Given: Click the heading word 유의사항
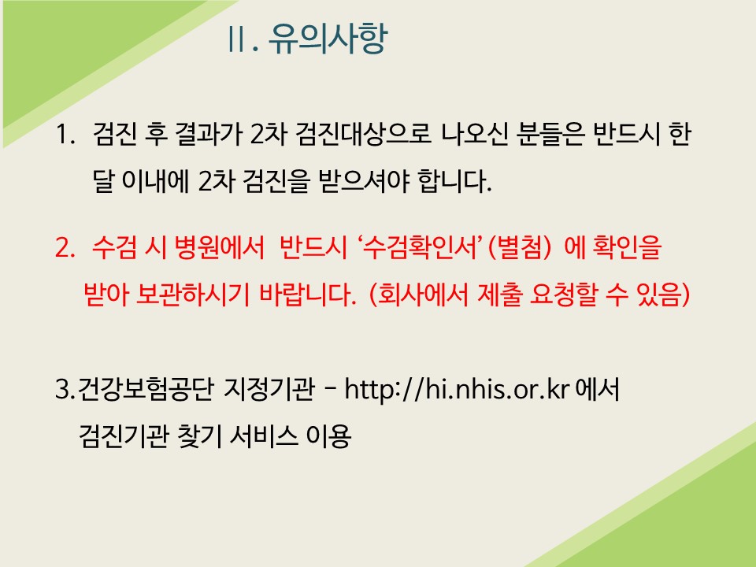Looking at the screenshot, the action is (x=328, y=38).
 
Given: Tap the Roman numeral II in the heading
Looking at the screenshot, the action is (x=236, y=39).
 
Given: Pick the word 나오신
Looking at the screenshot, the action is (x=474, y=134).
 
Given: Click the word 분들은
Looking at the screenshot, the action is (x=550, y=134).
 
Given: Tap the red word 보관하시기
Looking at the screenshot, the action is (x=193, y=295).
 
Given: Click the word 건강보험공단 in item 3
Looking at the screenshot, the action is (x=145, y=388).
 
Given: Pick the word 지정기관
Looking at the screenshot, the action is (x=269, y=388).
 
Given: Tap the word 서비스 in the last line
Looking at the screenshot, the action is (x=263, y=435).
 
